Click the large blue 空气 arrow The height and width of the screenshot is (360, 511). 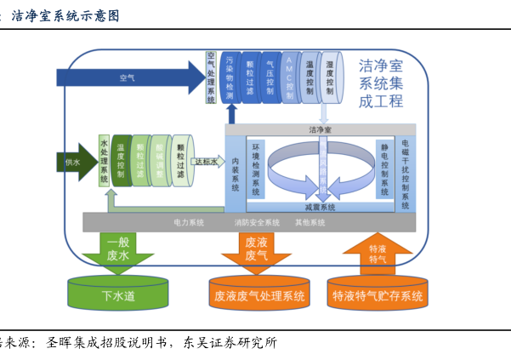pos(128,77)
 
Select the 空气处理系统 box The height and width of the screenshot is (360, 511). pos(211,77)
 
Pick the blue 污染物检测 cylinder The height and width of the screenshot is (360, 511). pos(230,77)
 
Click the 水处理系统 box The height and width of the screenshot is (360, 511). pos(104,160)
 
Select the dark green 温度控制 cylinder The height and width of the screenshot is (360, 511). pos(121,160)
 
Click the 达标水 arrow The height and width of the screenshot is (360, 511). pos(207,160)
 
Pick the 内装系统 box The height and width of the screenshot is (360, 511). pos(235,170)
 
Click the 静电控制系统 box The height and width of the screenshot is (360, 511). pos(385,170)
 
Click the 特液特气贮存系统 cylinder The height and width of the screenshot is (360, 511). pos(378,294)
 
